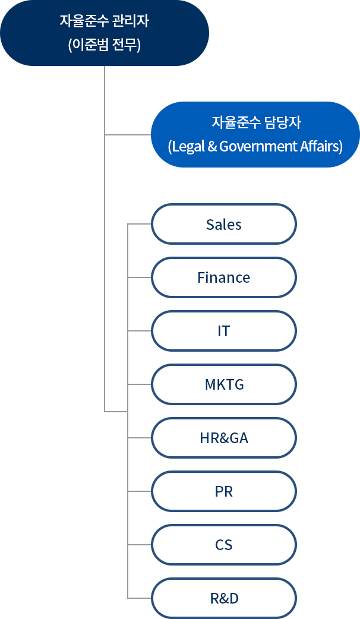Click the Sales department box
(224, 224)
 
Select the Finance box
(224, 277)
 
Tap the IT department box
(224, 331)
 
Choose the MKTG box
(224, 384)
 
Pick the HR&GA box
(224, 438)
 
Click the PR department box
(224, 491)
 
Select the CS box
(224, 545)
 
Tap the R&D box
(224, 598)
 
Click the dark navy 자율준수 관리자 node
(105, 33)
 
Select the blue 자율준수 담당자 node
(255, 135)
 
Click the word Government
(258, 147)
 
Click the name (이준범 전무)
(104, 45)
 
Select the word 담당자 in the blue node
(283, 122)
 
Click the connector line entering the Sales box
(140, 224)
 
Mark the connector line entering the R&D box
(140, 598)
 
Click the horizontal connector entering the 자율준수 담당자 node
(128, 135)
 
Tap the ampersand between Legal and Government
(212, 146)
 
